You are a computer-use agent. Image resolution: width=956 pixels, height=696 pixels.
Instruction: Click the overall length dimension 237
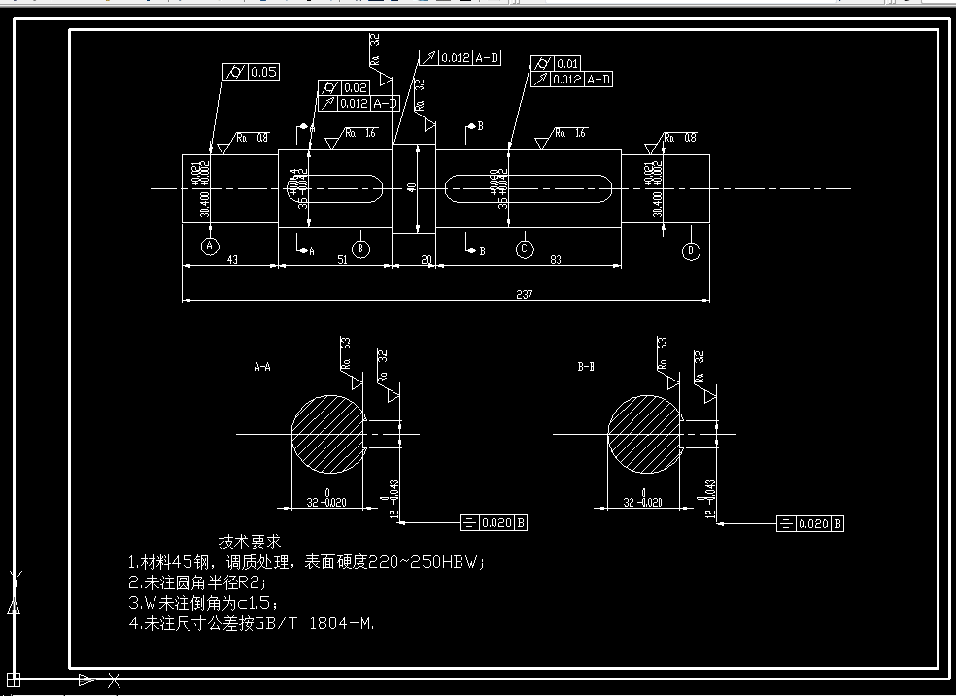pos(525,294)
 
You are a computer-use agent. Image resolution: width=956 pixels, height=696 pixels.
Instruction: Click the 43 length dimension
pos(232,259)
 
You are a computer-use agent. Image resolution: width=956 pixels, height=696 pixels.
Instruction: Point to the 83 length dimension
pos(555,259)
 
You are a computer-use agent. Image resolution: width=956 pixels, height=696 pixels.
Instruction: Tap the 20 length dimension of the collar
pos(425,259)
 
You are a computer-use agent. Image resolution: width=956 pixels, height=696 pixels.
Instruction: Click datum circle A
pos(211,247)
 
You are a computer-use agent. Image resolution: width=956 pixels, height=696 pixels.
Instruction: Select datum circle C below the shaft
pos(525,249)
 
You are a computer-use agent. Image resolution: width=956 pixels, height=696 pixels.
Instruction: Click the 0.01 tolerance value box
pos(567,64)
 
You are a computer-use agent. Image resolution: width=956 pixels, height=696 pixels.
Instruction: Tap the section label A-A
pos(262,368)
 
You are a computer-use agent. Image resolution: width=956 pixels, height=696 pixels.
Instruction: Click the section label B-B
pos(585,368)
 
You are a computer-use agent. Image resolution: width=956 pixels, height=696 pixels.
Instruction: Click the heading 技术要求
pos(250,541)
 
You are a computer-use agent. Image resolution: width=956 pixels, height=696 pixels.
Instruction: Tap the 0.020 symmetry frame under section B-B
pos(810,524)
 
